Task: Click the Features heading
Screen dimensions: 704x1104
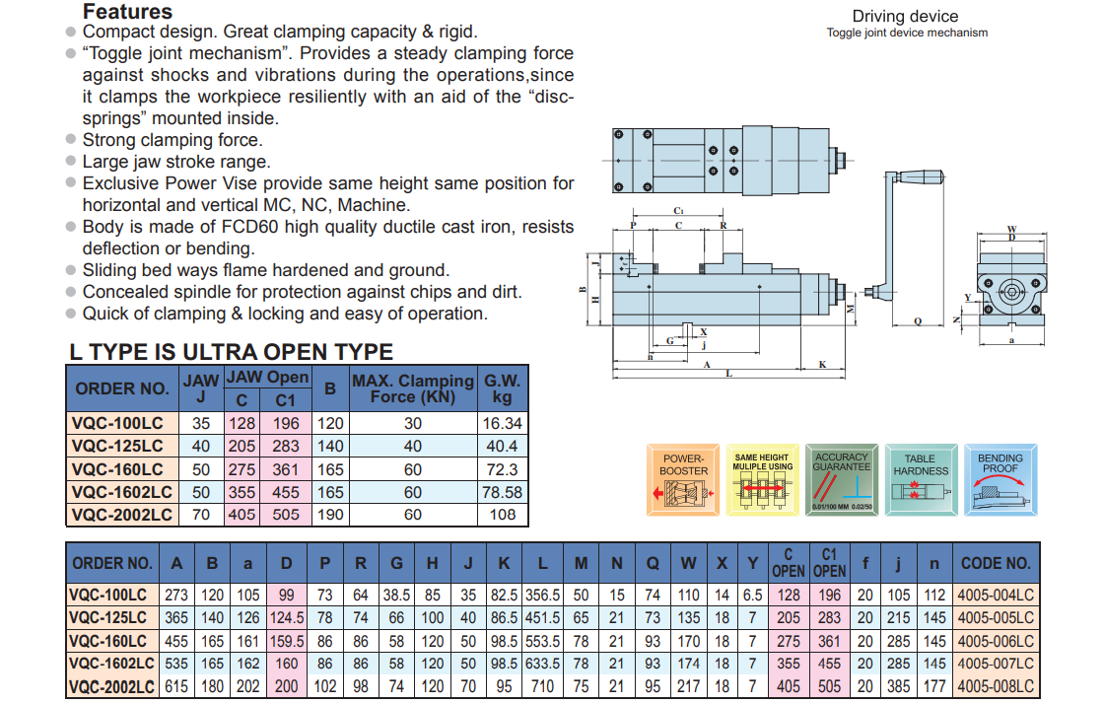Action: pos(127,12)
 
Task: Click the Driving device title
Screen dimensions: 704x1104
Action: pos(905,16)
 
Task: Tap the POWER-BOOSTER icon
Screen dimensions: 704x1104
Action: pos(683,479)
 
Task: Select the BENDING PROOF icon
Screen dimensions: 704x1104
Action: pos(1000,479)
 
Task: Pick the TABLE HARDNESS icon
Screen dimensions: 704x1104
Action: pos(920,479)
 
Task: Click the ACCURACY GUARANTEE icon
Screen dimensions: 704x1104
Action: pos(841,479)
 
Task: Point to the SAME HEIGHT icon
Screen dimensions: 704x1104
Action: pos(762,479)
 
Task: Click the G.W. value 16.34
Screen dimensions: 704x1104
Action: pos(503,424)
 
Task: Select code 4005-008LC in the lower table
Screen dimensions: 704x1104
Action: pos(996,686)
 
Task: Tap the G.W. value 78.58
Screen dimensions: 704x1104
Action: pos(503,492)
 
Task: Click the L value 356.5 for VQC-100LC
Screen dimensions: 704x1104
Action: pos(543,595)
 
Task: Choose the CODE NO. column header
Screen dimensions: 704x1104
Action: pos(996,563)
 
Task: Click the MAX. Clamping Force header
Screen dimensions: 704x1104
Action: pos(413,388)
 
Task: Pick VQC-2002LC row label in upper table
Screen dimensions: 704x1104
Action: pos(122,515)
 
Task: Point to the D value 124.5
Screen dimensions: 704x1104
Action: pos(287,617)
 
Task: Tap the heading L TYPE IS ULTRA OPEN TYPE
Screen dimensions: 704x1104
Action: pos(231,352)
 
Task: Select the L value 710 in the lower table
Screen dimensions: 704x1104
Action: pos(543,686)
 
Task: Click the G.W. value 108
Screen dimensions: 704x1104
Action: pos(503,515)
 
